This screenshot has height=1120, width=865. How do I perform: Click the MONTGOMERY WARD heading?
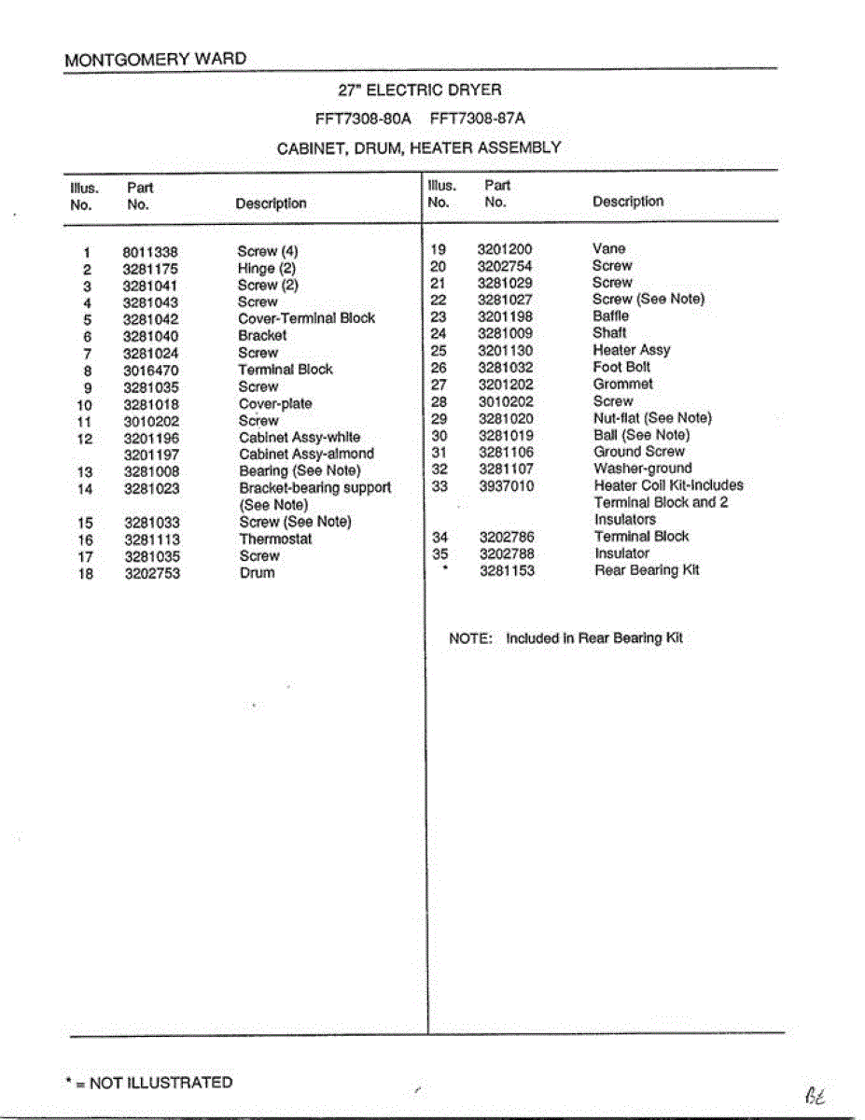click(156, 60)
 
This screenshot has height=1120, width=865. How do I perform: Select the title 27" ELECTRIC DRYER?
click(419, 91)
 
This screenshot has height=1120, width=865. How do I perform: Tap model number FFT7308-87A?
click(478, 119)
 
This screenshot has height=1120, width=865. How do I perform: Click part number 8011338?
click(149, 252)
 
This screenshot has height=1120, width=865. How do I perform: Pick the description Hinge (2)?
click(267, 269)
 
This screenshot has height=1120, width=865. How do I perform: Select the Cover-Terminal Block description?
click(306, 318)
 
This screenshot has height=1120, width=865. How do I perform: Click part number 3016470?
click(150, 371)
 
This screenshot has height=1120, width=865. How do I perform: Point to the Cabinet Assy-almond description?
click(306, 455)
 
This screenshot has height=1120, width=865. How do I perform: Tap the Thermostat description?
click(275, 539)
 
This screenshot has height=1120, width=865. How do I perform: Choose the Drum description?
click(257, 573)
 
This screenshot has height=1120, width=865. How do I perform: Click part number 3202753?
click(152, 573)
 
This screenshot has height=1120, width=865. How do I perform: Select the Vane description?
click(608, 249)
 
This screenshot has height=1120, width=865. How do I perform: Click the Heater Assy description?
click(631, 350)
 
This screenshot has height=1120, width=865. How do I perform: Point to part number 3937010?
click(507, 485)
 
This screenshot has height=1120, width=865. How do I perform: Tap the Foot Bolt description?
click(621, 367)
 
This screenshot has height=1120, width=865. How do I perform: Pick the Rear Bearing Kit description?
click(646, 570)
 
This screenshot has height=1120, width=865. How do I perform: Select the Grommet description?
click(622, 384)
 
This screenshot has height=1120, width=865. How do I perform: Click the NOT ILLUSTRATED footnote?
click(149, 1083)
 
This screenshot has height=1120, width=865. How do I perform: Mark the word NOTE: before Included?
click(469, 638)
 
